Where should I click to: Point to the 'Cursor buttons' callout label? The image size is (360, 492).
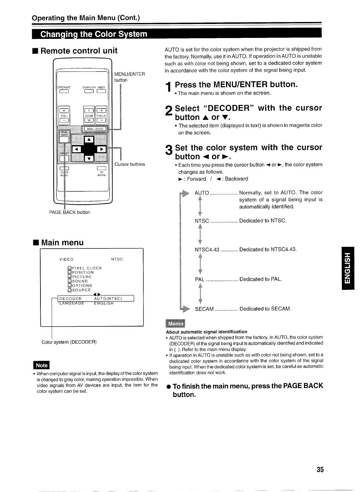click(130, 164)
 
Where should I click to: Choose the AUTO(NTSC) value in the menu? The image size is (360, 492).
click(107, 298)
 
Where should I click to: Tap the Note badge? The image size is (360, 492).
click(42, 365)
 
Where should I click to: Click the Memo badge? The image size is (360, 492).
click(175, 324)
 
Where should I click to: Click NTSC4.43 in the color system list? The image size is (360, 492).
click(207, 250)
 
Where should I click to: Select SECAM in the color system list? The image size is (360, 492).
click(204, 309)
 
